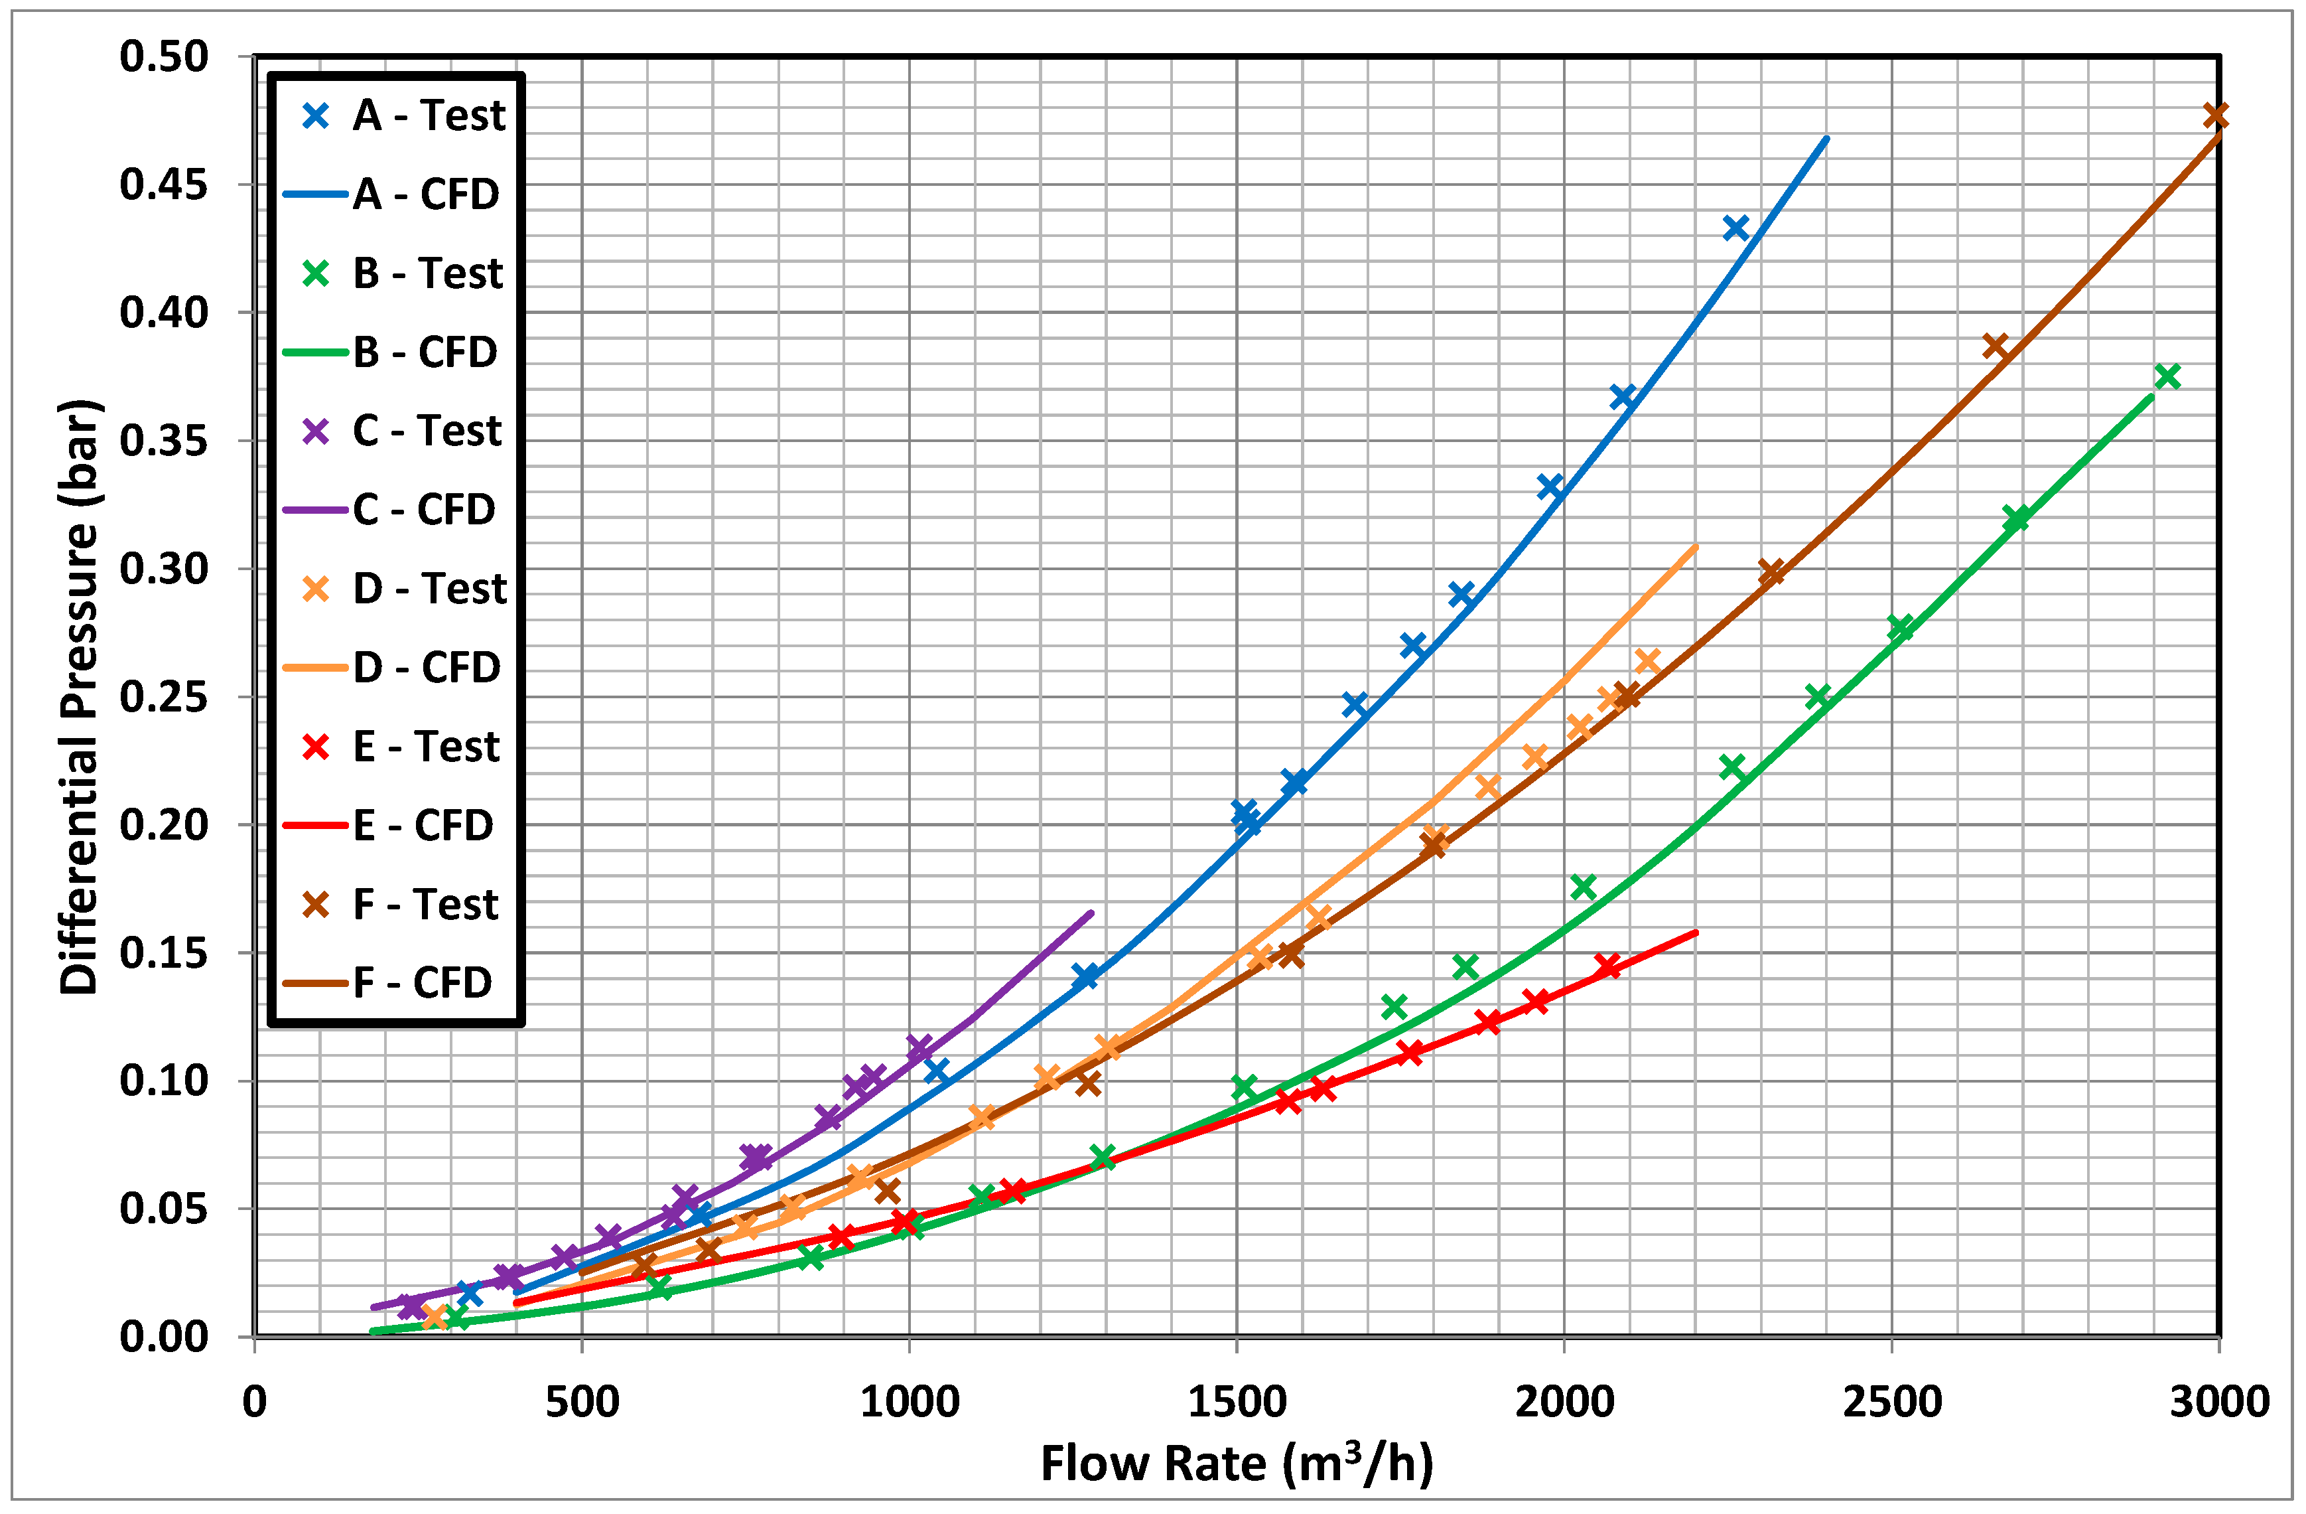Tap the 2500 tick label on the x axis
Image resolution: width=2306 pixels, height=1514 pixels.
coord(1891,1402)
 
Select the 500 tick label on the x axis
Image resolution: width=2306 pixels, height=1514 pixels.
coord(581,1402)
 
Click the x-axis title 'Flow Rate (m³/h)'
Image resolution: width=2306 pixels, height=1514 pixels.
coord(1237,1464)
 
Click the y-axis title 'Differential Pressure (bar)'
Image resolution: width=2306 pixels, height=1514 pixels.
coord(80,696)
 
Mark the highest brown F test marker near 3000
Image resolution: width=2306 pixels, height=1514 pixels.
coord(2216,116)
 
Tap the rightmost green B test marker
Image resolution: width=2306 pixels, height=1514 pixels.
coord(2167,377)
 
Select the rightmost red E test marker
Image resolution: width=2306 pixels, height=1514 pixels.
coord(1607,965)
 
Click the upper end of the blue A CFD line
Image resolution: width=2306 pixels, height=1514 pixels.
coord(1826,139)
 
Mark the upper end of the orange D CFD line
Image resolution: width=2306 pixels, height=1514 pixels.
coord(1696,547)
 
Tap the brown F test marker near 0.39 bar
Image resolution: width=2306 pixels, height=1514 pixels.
coord(1994,346)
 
